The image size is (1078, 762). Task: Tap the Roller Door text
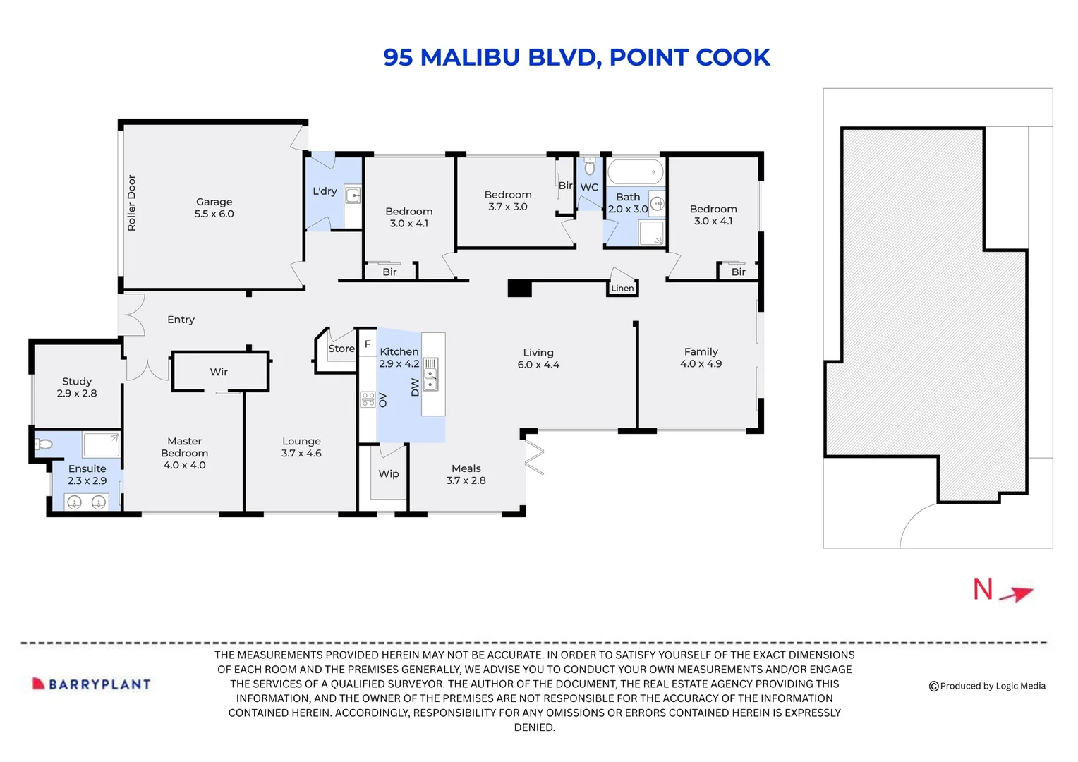click(x=131, y=202)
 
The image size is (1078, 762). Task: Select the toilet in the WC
click(x=590, y=166)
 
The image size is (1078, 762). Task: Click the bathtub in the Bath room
click(x=635, y=171)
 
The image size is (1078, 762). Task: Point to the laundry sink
click(x=353, y=195)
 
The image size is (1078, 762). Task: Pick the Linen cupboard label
click(x=622, y=289)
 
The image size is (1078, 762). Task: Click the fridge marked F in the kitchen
click(x=368, y=343)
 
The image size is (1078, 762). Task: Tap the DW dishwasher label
click(x=415, y=387)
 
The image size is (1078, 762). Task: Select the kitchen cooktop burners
click(x=368, y=399)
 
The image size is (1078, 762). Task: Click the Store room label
click(x=341, y=349)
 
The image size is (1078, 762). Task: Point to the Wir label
click(x=219, y=372)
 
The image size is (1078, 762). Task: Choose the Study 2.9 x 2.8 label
click(x=77, y=387)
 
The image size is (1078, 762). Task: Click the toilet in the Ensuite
click(x=43, y=443)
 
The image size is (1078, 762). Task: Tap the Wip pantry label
click(x=388, y=474)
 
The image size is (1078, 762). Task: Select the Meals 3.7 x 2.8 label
click(x=466, y=474)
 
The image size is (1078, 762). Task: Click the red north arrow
click(x=1016, y=594)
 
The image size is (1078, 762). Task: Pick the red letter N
click(x=983, y=589)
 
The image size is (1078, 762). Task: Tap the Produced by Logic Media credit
click(x=987, y=686)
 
